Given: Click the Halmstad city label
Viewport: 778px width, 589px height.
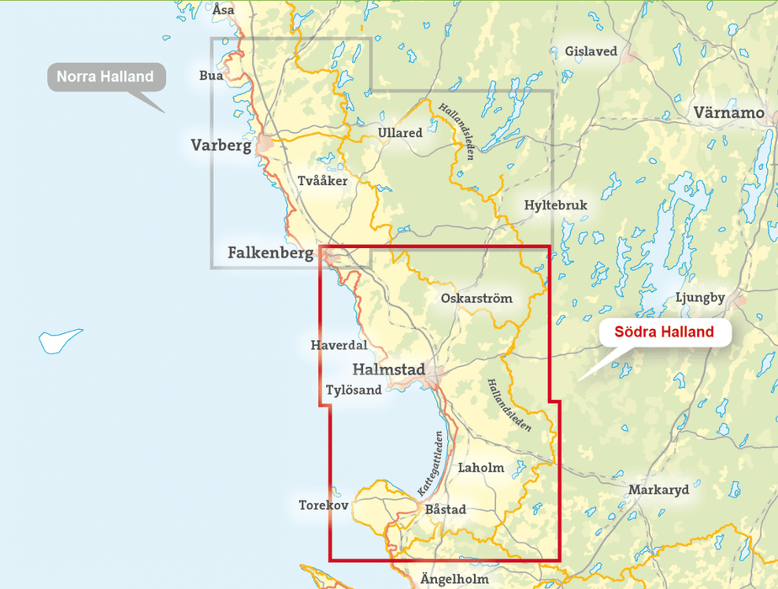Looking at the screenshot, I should (x=388, y=369).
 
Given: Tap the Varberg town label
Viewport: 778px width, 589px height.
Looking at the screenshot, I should (x=221, y=146).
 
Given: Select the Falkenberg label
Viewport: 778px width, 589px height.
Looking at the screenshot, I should (x=270, y=252).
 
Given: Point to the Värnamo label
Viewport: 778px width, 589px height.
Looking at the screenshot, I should (x=728, y=112).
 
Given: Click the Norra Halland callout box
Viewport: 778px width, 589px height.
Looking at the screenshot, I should (x=105, y=77).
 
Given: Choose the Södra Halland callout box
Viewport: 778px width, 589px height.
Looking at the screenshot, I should (x=664, y=332).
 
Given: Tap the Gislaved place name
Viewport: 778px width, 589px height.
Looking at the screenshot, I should (x=590, y=51).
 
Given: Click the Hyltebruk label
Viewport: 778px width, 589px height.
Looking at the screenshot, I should (x=555, y=205).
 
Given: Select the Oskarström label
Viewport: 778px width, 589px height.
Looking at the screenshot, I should (x=476, y=298).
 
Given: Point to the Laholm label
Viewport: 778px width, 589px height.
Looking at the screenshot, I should (x=480, y=468).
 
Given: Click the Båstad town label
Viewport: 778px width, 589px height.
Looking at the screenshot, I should (x=445, y=509).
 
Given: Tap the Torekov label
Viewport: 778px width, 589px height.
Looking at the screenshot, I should (x=322, y=506).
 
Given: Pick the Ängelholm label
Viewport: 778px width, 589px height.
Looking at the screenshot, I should (x=454, y=579).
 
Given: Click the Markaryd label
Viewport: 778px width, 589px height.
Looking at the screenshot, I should (x=658, y=490).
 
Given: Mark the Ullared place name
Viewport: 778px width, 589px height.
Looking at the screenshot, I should (x=400, y=133).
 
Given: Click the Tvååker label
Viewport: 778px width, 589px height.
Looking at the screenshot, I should (x=322, y=181).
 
